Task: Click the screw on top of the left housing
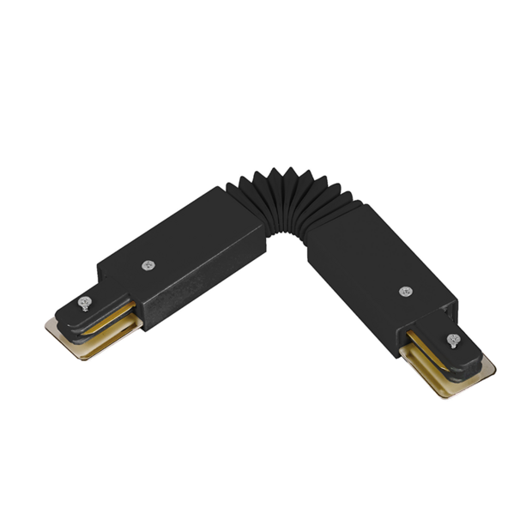tap(149, 266)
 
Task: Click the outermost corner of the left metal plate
tap(47, 325)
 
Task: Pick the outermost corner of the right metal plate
tap(493, 371)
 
